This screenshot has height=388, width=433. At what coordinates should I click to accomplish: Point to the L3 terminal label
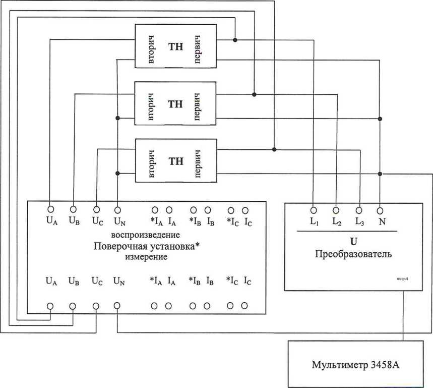pos(359,221)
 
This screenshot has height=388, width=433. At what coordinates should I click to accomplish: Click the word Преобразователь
pos(353,254)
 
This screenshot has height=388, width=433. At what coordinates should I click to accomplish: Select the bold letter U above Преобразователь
pos(353,242)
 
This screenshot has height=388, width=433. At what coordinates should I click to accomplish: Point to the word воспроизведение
pos(146,235)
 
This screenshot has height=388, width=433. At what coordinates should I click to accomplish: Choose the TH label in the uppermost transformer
pos(175,46)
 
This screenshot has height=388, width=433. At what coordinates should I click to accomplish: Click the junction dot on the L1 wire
pos(235,39)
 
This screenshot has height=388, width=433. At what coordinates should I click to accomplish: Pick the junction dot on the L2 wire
pos(254,94)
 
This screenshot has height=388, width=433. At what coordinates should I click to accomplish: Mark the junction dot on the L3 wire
pos(274,149)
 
